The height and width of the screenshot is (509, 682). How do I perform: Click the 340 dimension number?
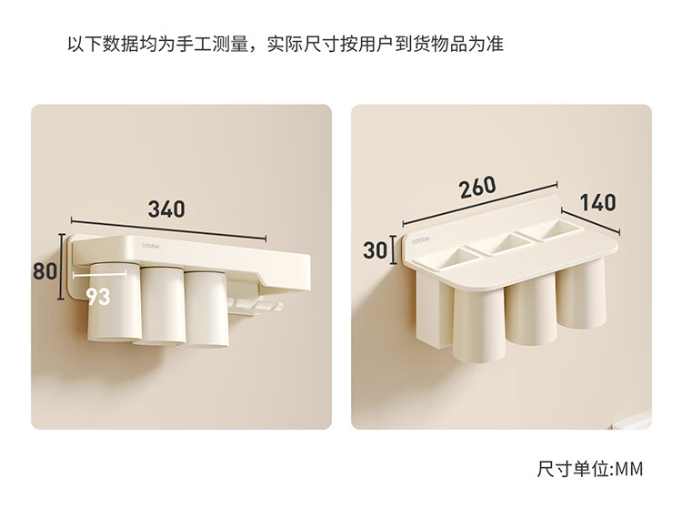coord(166,209)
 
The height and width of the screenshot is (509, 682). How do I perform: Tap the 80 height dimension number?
coord(45,270)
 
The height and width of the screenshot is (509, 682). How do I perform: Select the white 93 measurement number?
coord(98,297)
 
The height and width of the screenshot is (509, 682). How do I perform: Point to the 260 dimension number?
coord(477,188)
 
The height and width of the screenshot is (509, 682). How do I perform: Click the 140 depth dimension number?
coord(598,203)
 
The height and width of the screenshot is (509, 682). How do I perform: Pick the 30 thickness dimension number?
coord(375,250)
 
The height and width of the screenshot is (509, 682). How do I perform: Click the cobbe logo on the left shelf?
coord(150,246)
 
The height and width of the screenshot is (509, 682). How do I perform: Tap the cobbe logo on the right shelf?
coord(421,240)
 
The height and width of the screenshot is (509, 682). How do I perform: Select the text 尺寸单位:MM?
coord(590,469)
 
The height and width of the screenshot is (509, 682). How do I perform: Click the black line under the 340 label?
coord(168,229)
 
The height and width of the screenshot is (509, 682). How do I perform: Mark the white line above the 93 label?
coord(100,275)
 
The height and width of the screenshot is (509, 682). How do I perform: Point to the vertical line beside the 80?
coord(62,267)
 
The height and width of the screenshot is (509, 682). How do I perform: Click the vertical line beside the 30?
coord(393,249)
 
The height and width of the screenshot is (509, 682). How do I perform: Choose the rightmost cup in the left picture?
coord(206,310)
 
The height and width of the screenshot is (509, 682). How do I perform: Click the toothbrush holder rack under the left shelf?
coord(254,305)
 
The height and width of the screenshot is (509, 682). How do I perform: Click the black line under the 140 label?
coord(590,222)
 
